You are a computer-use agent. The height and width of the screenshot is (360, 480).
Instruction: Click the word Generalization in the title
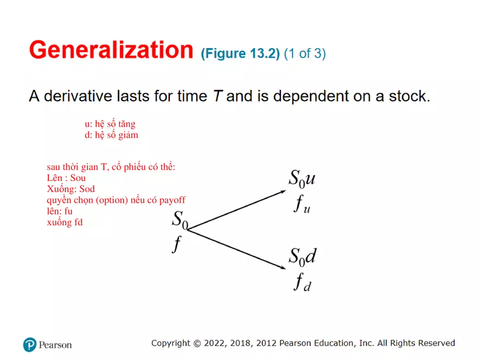point(111,50)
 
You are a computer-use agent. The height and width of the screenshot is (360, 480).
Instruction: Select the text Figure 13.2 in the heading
point(241,53)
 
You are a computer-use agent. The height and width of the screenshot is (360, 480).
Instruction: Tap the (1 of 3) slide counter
point(305,53)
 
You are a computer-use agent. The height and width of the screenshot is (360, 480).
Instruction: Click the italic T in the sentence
point(217,97)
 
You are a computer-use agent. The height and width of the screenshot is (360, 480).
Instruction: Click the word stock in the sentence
point(409,97)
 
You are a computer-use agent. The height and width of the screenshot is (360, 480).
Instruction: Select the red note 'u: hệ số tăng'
point(110,124)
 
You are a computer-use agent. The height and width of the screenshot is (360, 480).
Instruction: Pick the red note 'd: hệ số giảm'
point(111,135)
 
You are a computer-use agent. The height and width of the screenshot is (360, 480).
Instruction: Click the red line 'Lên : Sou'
point(67,178)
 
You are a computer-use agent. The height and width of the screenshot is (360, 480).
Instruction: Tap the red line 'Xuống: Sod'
point(71,189)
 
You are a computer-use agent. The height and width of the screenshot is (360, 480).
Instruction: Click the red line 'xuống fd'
point(65,222)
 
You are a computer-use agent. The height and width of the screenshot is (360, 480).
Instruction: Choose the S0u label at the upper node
point(302,178)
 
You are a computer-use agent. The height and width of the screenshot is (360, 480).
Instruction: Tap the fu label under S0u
point(302,205)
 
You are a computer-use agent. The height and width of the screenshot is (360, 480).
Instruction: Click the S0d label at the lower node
point(302,256)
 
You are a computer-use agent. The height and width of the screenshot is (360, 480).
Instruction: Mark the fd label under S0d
point(302,283)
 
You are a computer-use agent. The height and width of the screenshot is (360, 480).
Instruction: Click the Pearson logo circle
point(29,344)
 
